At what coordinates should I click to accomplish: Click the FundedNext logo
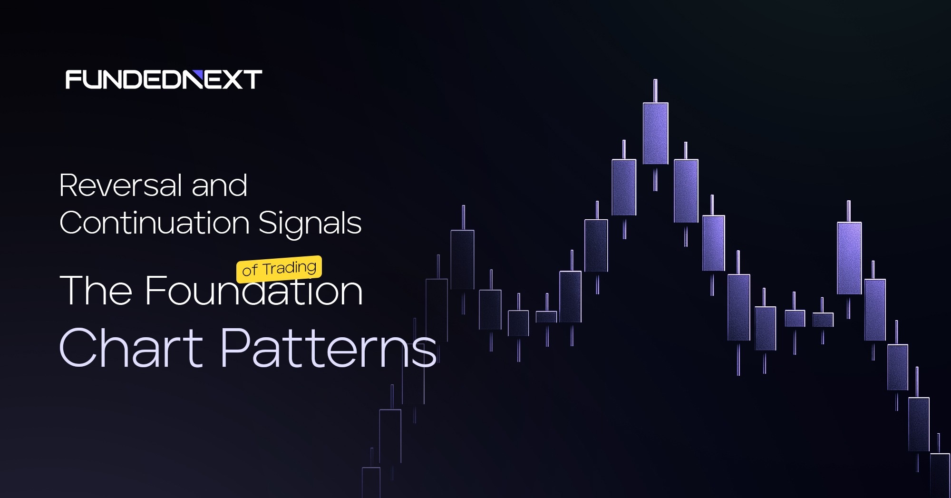164,79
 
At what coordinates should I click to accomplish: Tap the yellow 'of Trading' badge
279,269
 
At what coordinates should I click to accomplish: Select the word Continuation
155,223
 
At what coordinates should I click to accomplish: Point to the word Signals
310,224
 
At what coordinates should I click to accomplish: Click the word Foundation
254,290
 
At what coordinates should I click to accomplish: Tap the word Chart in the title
132,348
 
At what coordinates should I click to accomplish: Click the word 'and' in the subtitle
220,185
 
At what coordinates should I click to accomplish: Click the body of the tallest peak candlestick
656,134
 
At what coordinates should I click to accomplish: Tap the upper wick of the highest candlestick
655,91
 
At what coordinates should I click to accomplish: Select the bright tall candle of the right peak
849,258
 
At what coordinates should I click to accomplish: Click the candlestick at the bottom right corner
940,476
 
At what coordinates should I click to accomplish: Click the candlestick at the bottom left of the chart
371,482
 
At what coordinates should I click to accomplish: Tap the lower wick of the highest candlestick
655,178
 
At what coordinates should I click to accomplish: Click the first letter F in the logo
73,79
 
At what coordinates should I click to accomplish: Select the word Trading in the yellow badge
290,268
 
